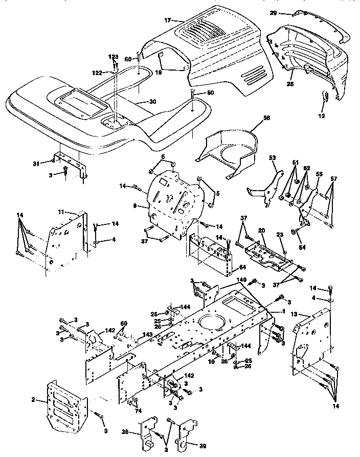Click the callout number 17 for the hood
pyautogui.click(x=168, y=20)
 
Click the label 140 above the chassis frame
pyautogui.click(x=241, y=280)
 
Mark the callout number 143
pyautogui.click(x=148, y=334)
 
